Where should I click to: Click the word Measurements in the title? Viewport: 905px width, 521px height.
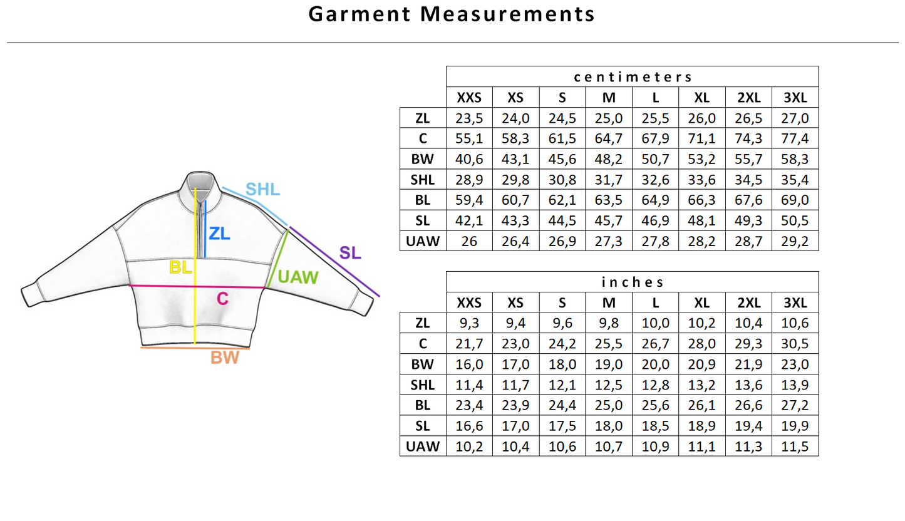[507, 14]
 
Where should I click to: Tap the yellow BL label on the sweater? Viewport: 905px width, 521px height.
[180, 267]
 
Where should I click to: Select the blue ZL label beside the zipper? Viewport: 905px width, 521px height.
[219, 234]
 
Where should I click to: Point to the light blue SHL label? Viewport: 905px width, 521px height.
[262, 189]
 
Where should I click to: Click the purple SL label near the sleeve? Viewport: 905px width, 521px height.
[350, 253]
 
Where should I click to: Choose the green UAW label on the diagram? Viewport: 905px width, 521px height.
[297, 277]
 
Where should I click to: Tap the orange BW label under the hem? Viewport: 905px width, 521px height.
[225, 358]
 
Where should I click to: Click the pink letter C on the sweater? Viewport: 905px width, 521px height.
[222, 299]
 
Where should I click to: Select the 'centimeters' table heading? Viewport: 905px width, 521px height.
[633, 77]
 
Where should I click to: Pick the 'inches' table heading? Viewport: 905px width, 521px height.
[633, 282]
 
